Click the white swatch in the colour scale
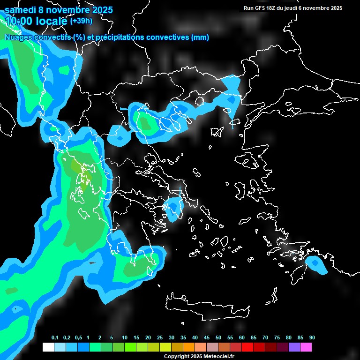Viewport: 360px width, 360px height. coord(48,347)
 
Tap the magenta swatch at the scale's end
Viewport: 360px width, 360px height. coord(306,347)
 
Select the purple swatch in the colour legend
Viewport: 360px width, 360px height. coord(294,347)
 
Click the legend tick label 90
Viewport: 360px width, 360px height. coord(312,338)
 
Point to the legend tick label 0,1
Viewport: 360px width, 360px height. coord(55,338)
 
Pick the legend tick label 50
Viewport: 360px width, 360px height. coord(218,338)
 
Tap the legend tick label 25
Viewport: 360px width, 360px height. coord(160,338)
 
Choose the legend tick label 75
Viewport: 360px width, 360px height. coord(277,338)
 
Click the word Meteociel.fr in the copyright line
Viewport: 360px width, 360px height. coord(219,356)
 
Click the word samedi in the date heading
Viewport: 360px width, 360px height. coord(20,9)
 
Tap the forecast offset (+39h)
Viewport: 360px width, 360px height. coord(81,21)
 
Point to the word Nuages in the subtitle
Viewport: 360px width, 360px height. coord(18,37)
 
